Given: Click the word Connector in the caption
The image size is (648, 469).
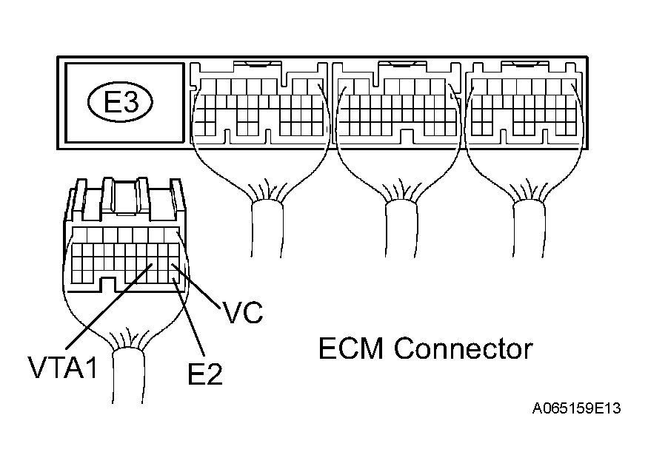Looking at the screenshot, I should [x=463, y=348].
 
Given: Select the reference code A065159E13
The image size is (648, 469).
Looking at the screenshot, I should [x=575, y=408].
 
